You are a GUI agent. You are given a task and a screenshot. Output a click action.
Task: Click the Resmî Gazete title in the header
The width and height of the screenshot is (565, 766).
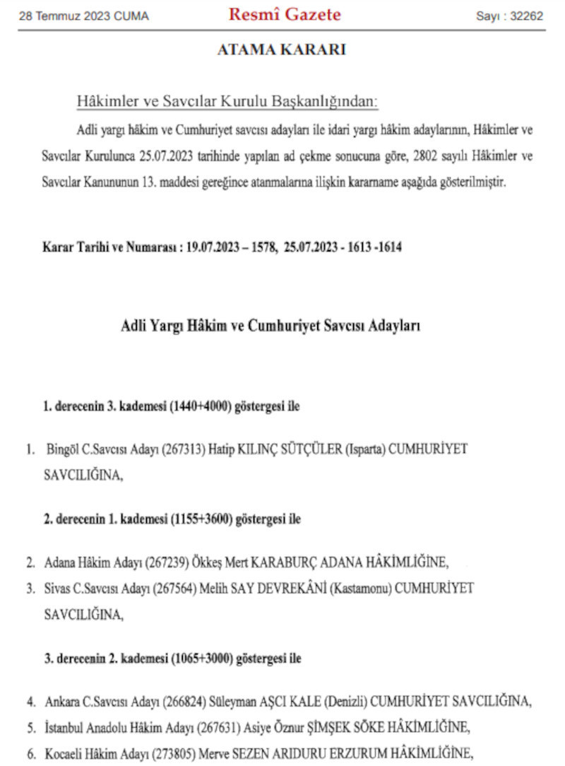284,15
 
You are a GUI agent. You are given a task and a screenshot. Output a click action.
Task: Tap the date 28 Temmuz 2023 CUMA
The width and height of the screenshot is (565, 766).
84,16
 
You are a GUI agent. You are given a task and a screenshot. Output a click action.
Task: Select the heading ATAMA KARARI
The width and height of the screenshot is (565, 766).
281,50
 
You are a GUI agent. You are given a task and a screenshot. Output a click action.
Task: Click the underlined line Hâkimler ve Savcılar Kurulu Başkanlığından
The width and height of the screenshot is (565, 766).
227,102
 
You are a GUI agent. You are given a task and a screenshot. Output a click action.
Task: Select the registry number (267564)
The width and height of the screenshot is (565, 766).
177,588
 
